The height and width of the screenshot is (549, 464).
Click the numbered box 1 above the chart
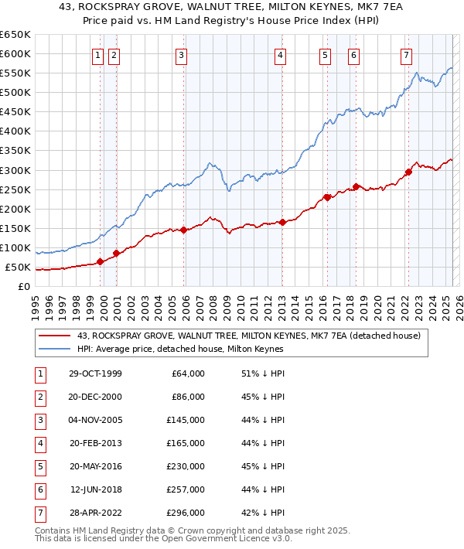pos(99,55)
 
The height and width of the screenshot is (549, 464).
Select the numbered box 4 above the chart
pos(280,55)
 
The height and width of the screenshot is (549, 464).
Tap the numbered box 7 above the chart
pos(406,55)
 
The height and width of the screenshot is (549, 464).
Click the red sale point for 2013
pos(283,222)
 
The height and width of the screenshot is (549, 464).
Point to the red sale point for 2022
pos(408,172)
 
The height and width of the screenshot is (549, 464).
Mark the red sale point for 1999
pos(101,261)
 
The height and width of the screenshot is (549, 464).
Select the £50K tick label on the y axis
pos(18,268)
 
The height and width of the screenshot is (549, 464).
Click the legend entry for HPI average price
pos(180,349)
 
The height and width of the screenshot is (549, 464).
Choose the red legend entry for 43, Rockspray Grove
pos(247,336)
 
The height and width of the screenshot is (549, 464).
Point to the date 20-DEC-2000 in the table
pos(95,397)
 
